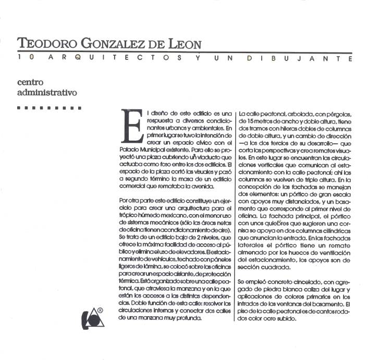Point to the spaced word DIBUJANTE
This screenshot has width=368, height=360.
point(300,58)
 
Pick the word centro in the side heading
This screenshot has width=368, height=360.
point(31,83)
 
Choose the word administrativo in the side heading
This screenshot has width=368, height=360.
point(47,93)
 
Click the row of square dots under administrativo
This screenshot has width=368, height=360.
point(49,108)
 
